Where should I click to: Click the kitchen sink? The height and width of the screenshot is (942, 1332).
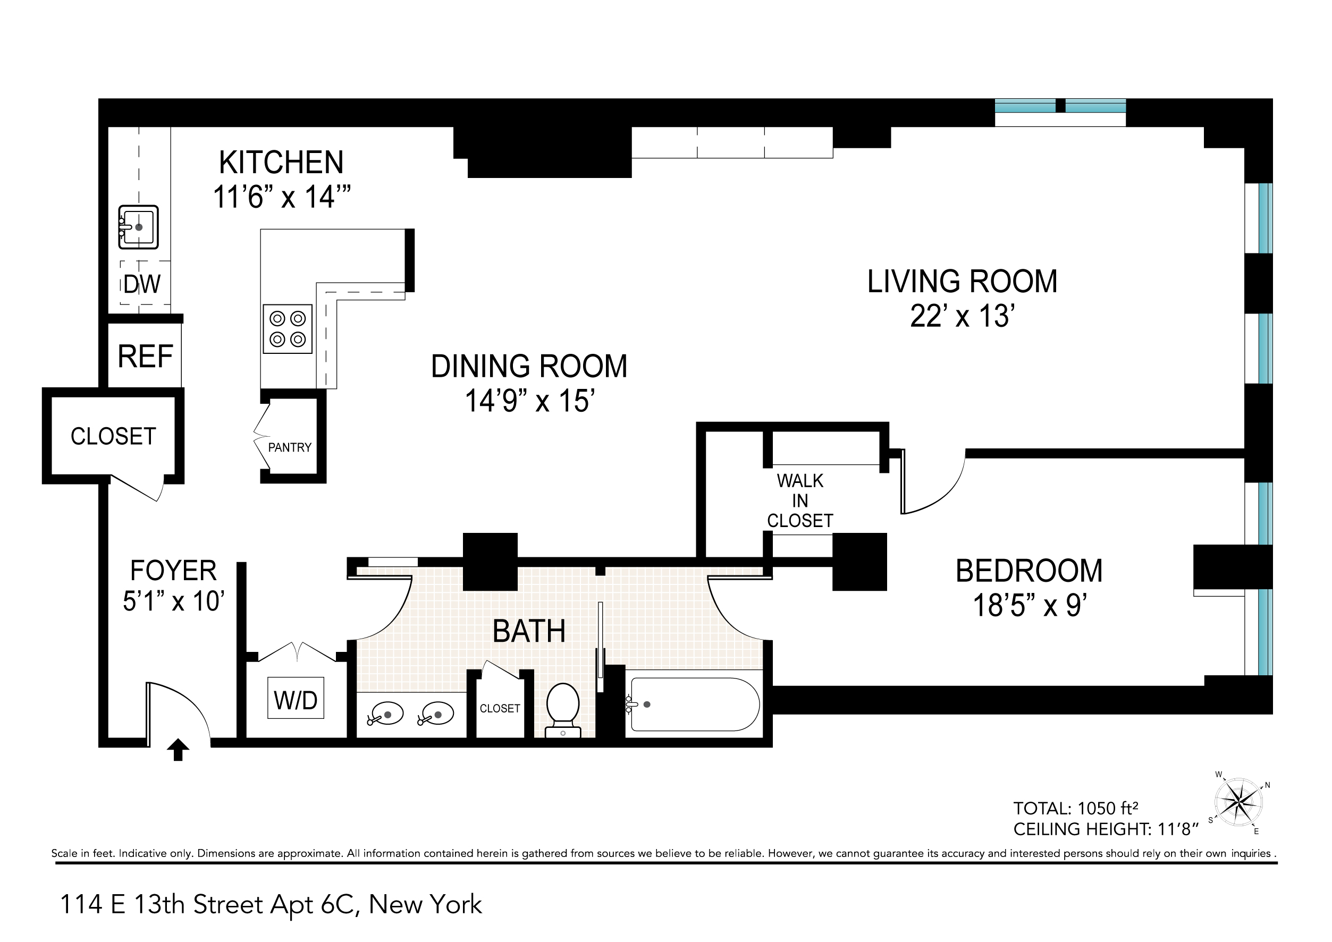(138, 227)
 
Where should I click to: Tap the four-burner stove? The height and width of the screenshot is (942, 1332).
(288, 329)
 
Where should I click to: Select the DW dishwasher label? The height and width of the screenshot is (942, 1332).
(141, 284)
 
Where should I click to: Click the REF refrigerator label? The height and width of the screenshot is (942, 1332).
(146, 356)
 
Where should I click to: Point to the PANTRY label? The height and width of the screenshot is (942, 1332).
(290, 447)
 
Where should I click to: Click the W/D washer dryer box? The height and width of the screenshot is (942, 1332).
(296, 698)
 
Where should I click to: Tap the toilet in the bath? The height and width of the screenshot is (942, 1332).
(563, 709)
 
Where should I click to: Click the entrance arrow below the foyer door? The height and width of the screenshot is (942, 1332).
(178, 750)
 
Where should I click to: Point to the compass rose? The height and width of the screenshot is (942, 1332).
(1239, 803)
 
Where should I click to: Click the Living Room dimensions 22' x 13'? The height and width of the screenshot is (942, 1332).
(963, 316)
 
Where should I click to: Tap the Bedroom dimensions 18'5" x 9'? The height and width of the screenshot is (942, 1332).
(1029, 605)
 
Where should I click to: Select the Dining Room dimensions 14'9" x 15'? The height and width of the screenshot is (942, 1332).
(530, 401)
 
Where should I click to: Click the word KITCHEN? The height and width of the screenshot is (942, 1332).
(281, 163)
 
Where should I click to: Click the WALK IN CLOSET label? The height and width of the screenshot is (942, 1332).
(800, 500)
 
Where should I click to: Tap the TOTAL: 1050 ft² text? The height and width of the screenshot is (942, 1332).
(1076, 808)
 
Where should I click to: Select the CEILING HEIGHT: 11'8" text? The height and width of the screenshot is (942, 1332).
(1106, 829)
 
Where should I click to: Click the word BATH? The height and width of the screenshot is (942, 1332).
(529, 631)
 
